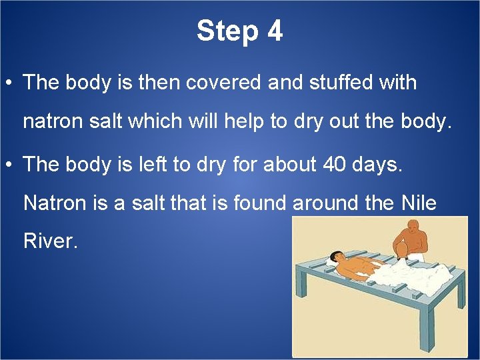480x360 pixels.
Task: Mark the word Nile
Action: (419, 203)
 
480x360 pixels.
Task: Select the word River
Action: (50, 241)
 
